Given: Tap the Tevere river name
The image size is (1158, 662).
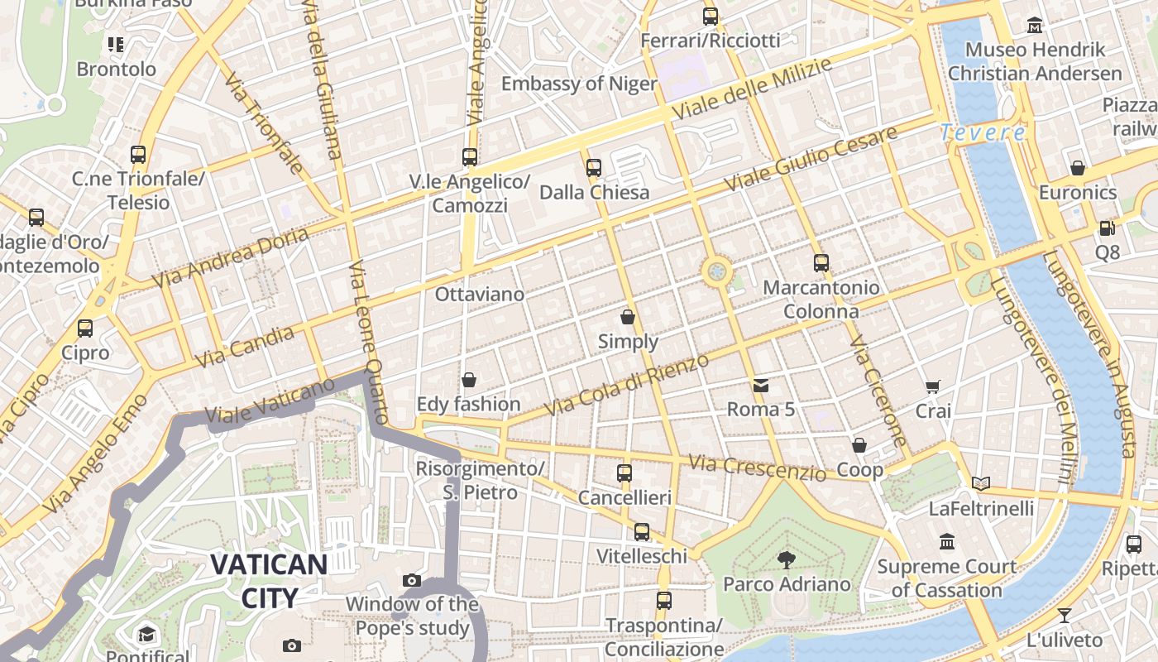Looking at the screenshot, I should click(x=983, y=132).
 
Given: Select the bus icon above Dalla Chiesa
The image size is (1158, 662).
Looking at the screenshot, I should click(x=593, y=168).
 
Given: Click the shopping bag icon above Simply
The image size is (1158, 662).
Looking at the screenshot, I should click(x=628, y=317).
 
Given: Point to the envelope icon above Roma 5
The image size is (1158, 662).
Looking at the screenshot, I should click(x=760, y=385).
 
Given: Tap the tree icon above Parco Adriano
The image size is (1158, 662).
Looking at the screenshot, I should click(x=786, y=560).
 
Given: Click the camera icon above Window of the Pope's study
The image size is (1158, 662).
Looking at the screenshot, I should click(x=411, y=580).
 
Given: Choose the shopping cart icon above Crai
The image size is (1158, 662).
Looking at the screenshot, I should click(x=932, y=386).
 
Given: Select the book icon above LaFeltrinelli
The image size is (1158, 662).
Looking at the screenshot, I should click(x=981, y=483).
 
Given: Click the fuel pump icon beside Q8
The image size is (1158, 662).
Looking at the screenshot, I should click(x=1107, y=228).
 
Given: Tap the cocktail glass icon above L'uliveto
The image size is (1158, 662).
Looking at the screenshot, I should click(x=1064, y=616).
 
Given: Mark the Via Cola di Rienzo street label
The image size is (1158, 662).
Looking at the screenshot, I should click(x=627, y=385).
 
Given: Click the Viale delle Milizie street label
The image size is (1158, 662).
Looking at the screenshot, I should click(x=751, y=89).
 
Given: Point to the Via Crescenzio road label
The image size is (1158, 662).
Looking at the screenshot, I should click(x=757, y=468).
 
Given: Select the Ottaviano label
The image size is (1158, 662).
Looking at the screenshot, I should click(x=480, y=295).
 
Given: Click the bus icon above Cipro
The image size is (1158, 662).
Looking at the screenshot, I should click(x=84, y=329).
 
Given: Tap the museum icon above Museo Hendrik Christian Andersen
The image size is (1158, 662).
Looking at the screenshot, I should click(x=1034, y=26).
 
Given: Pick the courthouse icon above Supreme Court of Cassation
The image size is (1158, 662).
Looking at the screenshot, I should click(x=947, y=542).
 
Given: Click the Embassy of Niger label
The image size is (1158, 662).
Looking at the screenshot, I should click(x=579, y=84).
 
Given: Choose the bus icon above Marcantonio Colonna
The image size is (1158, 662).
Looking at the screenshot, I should click(x=821, y=263).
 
